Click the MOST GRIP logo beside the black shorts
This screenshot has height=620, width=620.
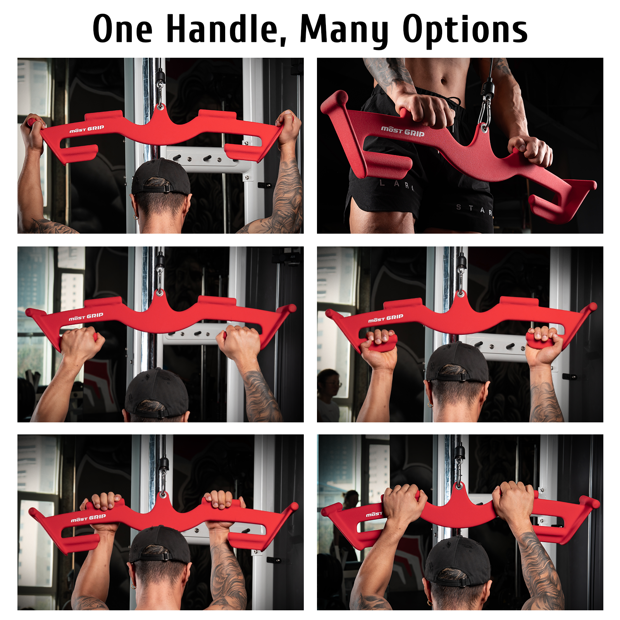[x=403, y=131]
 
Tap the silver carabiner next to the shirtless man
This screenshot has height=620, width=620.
[x=485, y=110]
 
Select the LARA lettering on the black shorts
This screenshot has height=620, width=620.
[x=397, y=184]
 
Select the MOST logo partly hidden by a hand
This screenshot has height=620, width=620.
[x=374, y=514]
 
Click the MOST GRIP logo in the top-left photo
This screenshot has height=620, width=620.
[x=87, y=129]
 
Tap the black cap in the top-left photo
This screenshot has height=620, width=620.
[x=161, y=176]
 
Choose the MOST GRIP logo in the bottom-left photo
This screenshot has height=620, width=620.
[x=88, y=518]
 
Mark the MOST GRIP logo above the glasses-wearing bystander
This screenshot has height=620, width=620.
[x=386, y=318]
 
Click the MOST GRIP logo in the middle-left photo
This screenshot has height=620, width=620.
[x=86, y=317]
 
